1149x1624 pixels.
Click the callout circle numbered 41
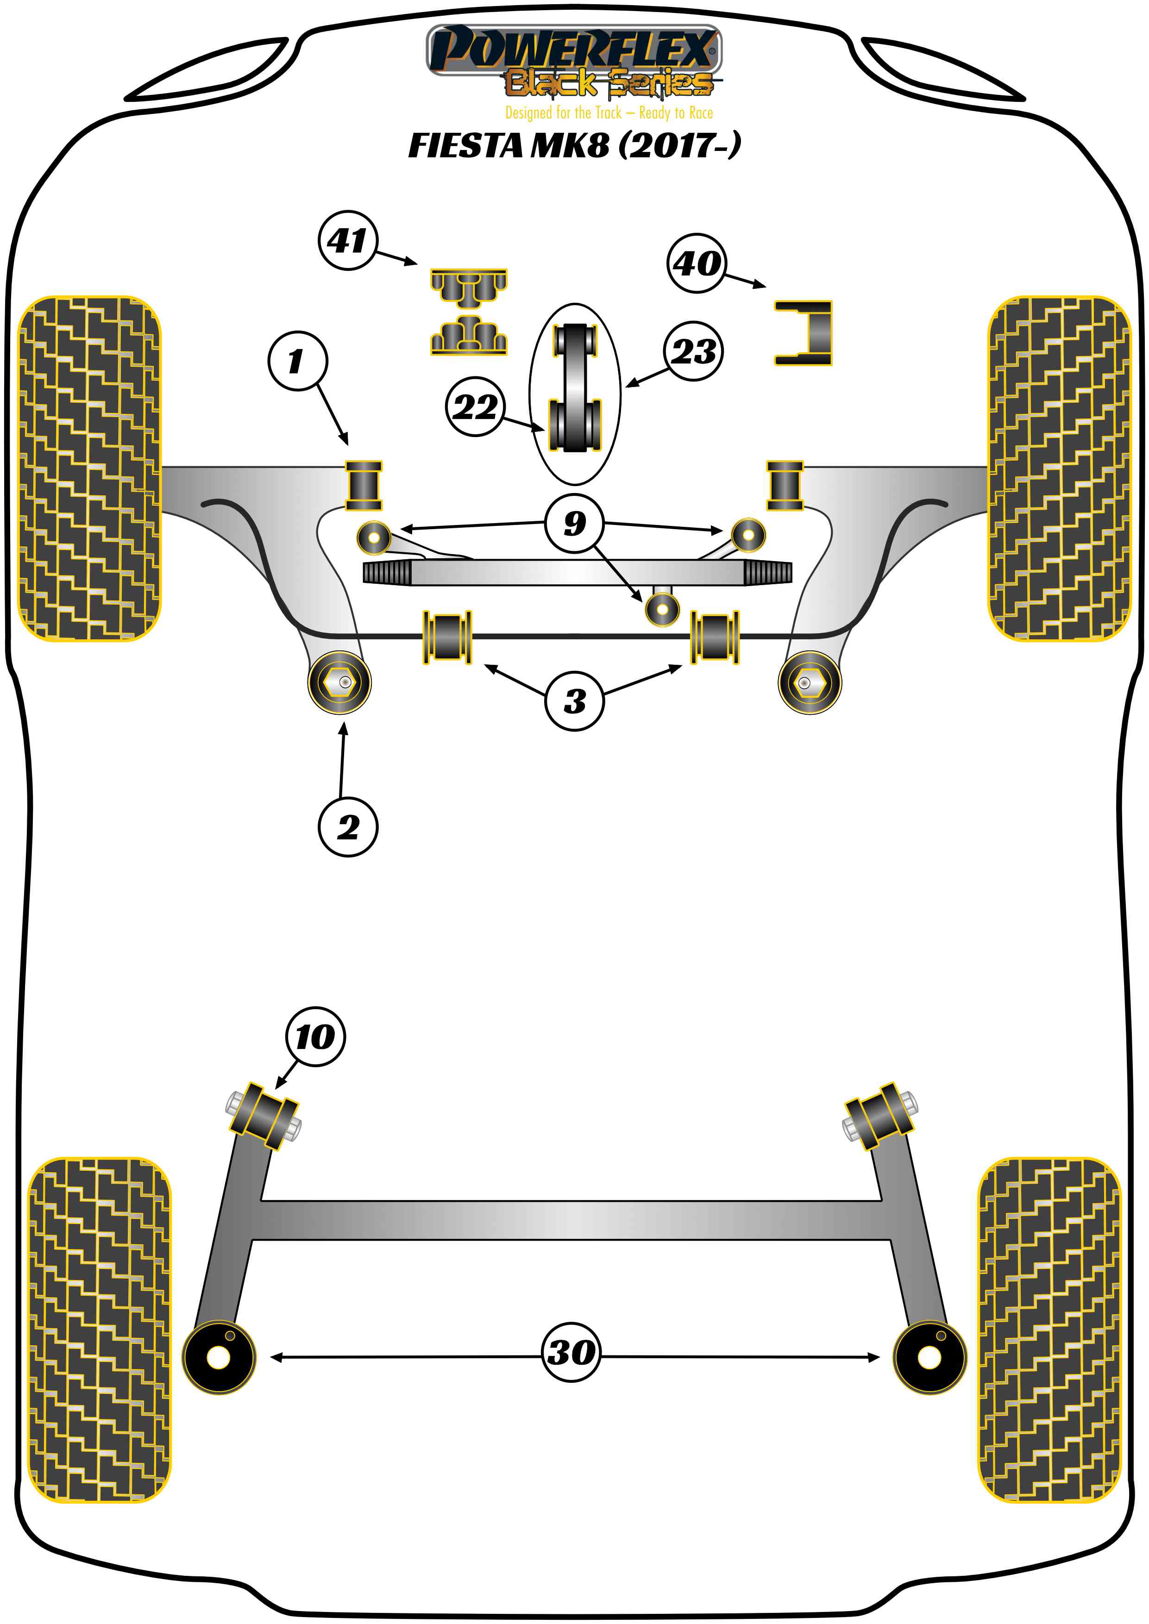(x=347, y=240)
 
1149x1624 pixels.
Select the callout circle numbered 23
(x=693, y=351)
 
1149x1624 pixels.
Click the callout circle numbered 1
(x=297, y=361)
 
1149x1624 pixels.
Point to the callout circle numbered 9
(x=574, y=524)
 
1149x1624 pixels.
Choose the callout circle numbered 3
(x=574, y=701)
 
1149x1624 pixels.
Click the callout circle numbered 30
(x=571, y=1352)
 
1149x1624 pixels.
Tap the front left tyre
(x=89, y=468)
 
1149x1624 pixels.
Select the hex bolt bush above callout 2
(x=339, y=682)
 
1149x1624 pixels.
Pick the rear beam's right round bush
(x=929, y=1356)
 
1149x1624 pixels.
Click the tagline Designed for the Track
(x=609, y=113)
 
